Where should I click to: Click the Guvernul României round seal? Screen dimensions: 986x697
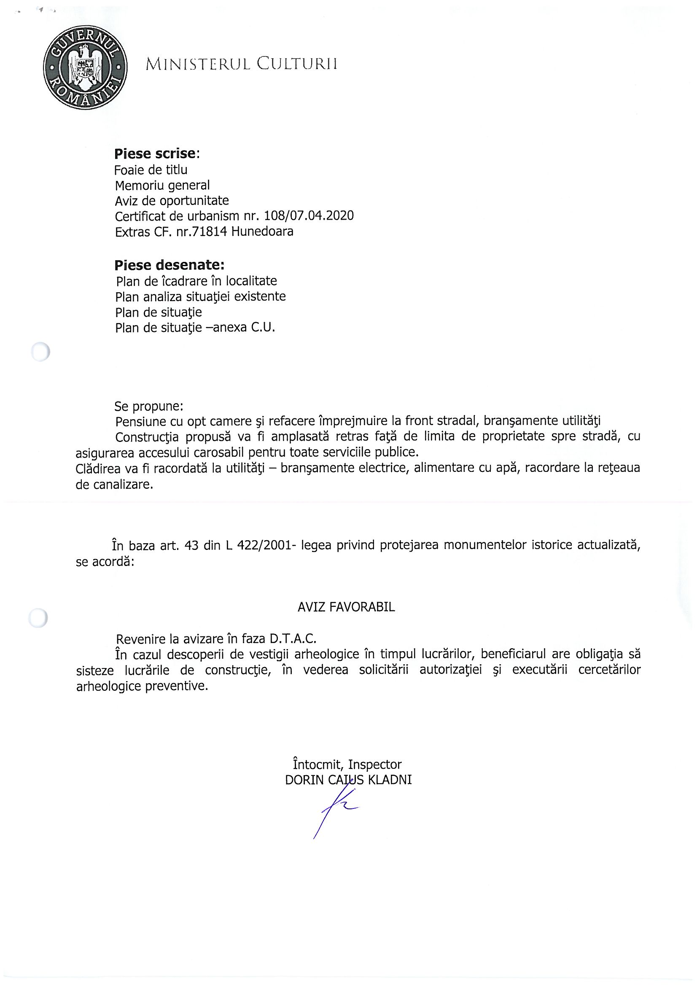point(85,67)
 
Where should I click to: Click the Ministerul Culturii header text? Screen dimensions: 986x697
point(241,64)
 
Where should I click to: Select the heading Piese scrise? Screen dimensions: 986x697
point(156,154)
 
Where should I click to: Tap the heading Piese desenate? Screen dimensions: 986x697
point(169,265)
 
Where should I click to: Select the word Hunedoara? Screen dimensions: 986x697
point(262,232)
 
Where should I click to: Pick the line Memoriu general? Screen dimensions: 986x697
point(162,186)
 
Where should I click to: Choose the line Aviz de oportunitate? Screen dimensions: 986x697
point(172,201)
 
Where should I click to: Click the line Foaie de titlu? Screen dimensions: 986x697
point(151,170)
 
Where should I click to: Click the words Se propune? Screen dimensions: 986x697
point(148,406)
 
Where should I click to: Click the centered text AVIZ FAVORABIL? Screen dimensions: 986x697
point(346,607)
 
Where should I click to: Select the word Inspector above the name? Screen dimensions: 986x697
point(374,765)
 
